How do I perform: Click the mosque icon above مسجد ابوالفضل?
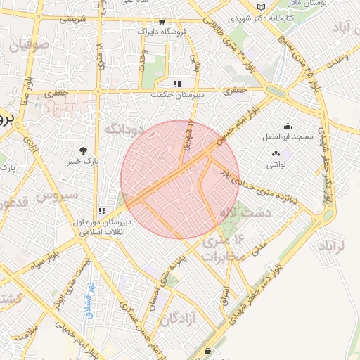[x=288, y=126]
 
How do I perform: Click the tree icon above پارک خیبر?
[x=84, y=150]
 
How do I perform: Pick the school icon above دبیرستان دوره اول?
[x=103, y=210]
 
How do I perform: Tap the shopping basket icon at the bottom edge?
[x=207, y=352]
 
